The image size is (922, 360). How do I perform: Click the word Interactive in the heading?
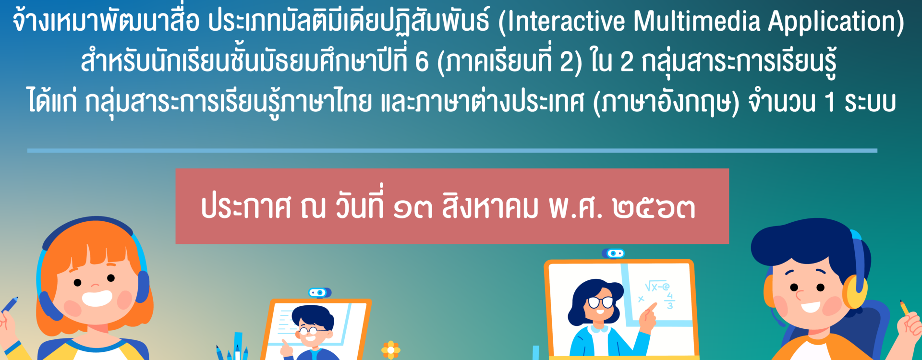click(x=567, y=22)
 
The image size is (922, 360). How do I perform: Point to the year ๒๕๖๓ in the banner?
click(x=654, y=208)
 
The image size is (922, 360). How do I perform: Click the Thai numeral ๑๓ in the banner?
click(x=412, y=208)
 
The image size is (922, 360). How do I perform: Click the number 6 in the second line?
click(x=422, y=62)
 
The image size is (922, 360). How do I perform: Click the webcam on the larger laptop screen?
click(x=613, y=253)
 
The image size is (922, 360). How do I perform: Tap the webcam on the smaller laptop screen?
click(x=319, y=292)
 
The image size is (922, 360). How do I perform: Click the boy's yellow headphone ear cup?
click(x=855, y=291)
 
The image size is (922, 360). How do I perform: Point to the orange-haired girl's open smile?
click(x=97, y=298)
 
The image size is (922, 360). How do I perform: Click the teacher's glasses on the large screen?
click(x=601, y=302)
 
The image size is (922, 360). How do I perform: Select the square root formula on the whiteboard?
click(x=657, y=286)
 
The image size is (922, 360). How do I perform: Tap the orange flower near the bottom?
click(x=390, y=350)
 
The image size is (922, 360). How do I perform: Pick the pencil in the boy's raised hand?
click(x=904, y=307)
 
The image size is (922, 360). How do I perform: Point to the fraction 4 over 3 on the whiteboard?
click(x=670, y=301)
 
